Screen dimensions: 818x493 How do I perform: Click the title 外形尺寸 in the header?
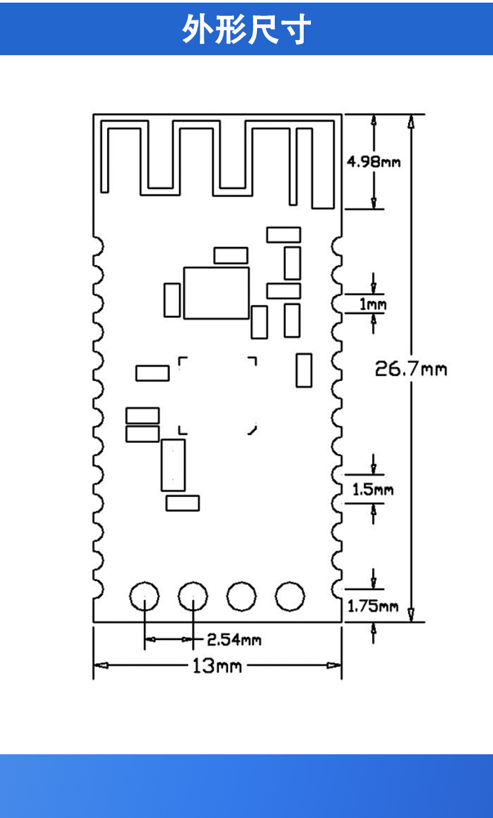tap(246, 29)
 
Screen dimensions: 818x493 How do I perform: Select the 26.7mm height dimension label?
tap(411, 369)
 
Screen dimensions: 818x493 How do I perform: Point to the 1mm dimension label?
tap(373, 304)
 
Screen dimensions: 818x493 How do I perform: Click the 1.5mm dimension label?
tap(373, 489)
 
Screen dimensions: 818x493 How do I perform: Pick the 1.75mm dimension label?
tap(373, 606)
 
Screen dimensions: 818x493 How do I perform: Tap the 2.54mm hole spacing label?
tap(234, 639)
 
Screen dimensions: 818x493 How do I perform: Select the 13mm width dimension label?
tap(216, 666)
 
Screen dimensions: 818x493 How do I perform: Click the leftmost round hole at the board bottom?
tap(144, 597)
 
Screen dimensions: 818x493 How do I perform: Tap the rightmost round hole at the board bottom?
tap(290, 596)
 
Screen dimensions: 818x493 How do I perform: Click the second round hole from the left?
tap(193, 597)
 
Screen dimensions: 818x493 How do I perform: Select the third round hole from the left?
tap(241, 596)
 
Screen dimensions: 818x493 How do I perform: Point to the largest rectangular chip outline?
tap(216, 293)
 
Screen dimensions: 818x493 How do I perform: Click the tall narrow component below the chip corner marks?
tap(173, 465)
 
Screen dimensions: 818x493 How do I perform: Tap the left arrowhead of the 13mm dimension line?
tap(99, 666)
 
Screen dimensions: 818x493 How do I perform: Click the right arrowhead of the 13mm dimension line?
tap(336, 666)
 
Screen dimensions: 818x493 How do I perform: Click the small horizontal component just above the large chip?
tap(231, 256)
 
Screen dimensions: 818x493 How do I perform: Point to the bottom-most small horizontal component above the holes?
tap(183, 503)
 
